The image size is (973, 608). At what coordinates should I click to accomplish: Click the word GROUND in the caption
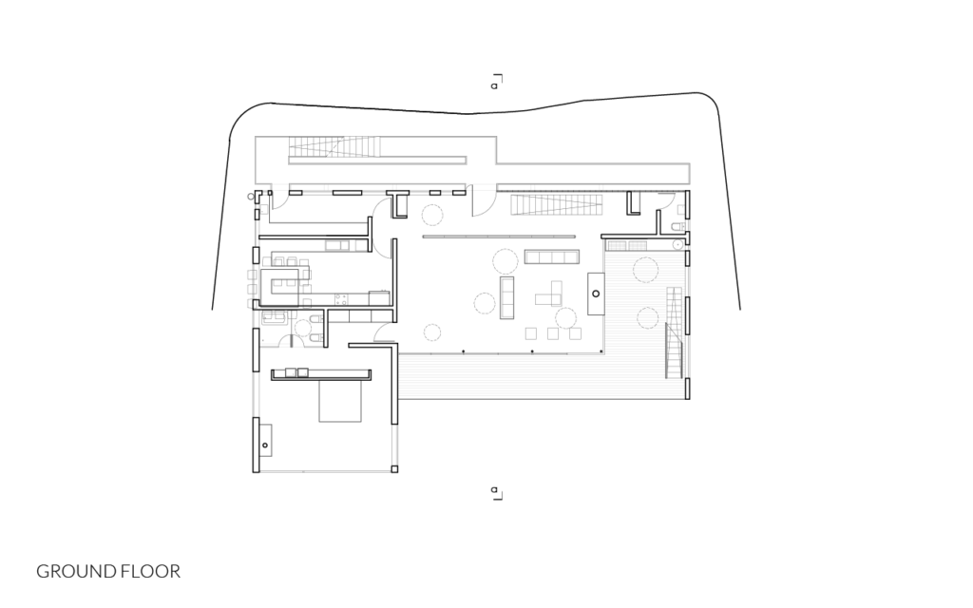(76, 571)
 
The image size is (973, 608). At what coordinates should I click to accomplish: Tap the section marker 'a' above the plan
(494, 85)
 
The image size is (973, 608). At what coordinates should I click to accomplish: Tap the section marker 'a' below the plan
(494, 490)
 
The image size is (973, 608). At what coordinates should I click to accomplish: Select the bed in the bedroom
(340, 401)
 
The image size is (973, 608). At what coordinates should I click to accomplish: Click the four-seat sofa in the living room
(552, 256)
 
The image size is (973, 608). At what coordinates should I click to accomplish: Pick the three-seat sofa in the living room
(507, 297)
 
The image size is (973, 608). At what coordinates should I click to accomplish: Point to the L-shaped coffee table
(549, 294)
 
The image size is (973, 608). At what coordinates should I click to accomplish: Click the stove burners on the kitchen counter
(341, 299)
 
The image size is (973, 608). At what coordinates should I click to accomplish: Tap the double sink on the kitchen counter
(337, 246)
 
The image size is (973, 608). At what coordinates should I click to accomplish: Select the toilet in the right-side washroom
(678, 227)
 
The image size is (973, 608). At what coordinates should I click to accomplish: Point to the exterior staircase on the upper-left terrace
(334, 147)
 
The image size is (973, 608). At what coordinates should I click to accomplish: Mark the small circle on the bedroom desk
(265, 446)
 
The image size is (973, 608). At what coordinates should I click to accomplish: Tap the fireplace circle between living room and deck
(596, 294)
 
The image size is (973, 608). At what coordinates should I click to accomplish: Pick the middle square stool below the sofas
(552, 333)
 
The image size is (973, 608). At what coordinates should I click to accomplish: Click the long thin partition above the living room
(499, 237)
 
